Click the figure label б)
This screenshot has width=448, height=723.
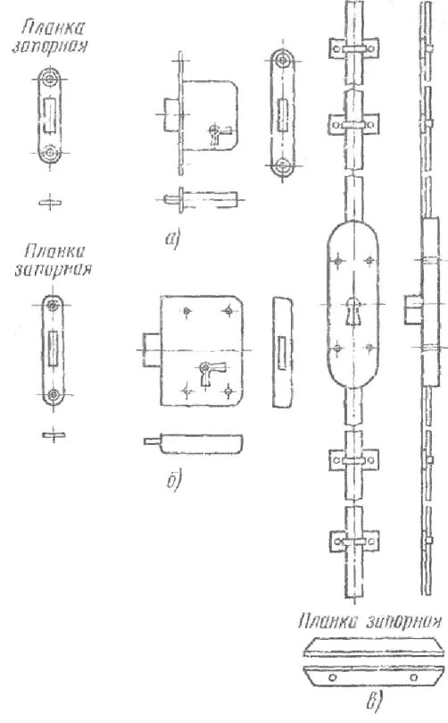174,480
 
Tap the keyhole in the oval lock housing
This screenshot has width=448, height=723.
353,311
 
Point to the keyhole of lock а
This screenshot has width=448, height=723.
214,135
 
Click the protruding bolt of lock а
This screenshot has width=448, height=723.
170,113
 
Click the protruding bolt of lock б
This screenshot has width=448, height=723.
152,349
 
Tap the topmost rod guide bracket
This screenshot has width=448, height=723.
353,48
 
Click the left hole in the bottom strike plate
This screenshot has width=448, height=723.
333,677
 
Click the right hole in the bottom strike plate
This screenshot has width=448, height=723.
413,677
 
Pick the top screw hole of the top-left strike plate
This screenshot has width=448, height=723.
49,80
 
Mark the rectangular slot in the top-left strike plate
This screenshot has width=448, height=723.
48,114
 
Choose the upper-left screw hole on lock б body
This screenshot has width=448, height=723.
187,312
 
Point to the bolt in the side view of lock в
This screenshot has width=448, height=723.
412,310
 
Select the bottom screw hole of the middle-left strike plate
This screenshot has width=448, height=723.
54,394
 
